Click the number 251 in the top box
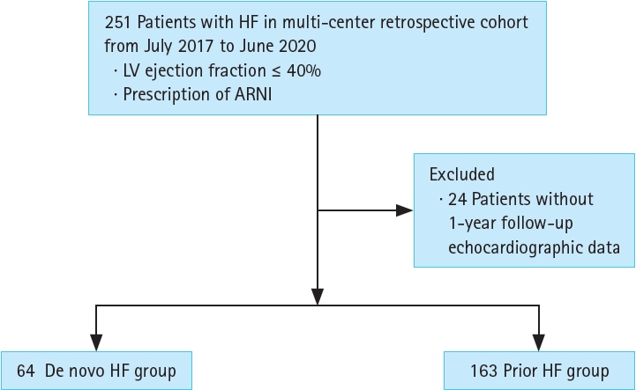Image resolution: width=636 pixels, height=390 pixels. coord(117,22)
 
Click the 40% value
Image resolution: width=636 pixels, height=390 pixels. coord(303,71)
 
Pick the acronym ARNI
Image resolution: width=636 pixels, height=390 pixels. coord(253,94)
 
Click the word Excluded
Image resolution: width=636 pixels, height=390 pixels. coord(462,174)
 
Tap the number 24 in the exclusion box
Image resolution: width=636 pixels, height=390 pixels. coord(457,199)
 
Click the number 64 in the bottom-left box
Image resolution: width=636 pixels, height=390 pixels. coord(26,371)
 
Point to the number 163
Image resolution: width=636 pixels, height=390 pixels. coord(483,371)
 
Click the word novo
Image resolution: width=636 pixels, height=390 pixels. coord(88,372)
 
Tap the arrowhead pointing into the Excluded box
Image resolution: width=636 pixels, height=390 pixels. coord(404,210)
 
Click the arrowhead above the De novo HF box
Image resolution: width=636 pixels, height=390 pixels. coord(96,342)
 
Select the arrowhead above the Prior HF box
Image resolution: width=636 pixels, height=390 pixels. coord(539,342)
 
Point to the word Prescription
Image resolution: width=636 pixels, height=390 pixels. coord(167,95)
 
